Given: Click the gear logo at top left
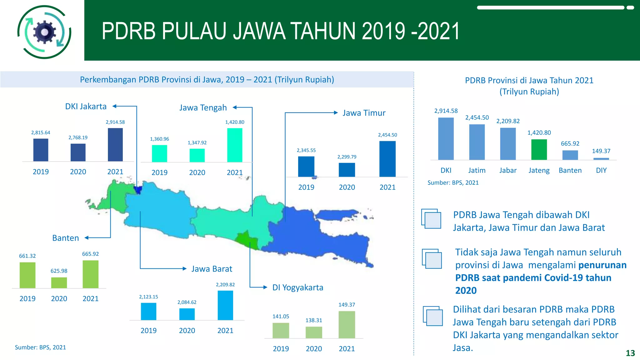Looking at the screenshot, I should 44,32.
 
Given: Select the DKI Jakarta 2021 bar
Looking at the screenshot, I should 115,145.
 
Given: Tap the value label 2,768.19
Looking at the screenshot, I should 78,137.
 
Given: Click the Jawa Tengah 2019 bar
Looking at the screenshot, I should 159,153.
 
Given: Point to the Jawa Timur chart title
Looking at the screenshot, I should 364,113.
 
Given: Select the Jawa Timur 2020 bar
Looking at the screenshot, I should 347,170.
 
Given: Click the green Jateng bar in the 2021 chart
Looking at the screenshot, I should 539,150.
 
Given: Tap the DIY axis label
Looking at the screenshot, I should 601,170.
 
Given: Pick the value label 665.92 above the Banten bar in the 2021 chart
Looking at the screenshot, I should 570,143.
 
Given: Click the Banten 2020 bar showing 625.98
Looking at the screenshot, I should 59,282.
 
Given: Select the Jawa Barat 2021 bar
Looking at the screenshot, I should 225,305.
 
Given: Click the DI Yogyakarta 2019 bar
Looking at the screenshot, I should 281,330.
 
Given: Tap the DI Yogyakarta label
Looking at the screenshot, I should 297,287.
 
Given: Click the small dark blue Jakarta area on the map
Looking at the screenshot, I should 137,190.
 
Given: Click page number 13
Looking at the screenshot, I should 630,353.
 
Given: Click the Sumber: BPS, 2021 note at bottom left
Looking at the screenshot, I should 40,347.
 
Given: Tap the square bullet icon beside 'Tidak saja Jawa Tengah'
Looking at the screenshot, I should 432,259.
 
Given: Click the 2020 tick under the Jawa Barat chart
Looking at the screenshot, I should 187,331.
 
